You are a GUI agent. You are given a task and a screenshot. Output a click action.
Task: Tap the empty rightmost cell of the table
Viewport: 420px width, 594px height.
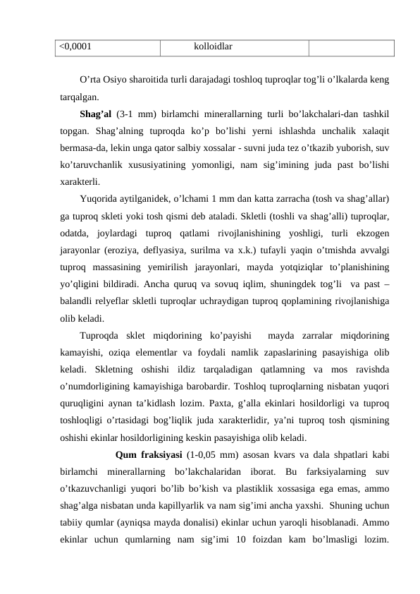click(350, 47)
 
